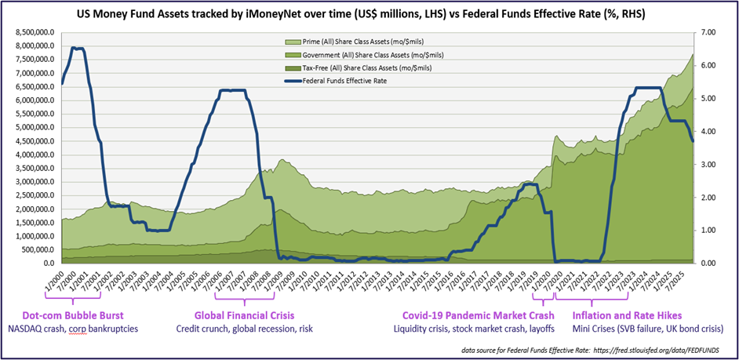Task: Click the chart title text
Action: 369,14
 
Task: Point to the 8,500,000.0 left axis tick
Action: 37,33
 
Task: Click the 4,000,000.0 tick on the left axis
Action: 37,155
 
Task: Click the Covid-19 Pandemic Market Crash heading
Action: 461,314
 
